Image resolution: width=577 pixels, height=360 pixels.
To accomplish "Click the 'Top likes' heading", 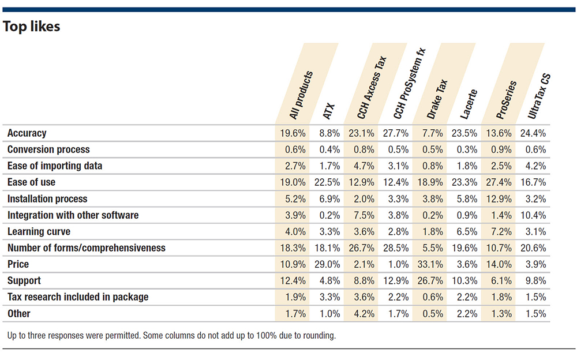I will pyautogui.click(x=32, y=27).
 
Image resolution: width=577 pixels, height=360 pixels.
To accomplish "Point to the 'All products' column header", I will pyautogui.click(x=301, y=95).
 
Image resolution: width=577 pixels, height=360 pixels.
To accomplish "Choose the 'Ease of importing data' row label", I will pyautogui.click(x=55, y=166).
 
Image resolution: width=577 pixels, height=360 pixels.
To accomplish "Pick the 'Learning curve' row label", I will pyautogui.click(x=39, y=231).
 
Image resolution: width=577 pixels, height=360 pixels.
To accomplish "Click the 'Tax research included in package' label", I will pyautogui.click(x=78, y=297).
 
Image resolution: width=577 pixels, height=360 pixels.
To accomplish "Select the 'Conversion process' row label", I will pyautogui.click(x=48, y=149).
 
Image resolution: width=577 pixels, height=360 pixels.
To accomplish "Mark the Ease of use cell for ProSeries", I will pyautogui.click(x=499, y=182).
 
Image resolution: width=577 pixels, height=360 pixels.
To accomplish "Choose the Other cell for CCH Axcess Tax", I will pyautogui.click(x=362, y=314).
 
